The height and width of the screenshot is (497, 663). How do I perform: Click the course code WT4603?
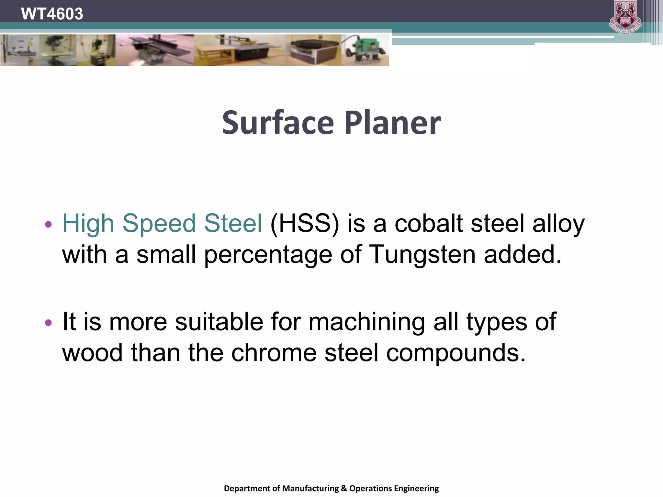coord(52,14)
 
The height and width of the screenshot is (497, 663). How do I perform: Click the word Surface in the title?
coord(278,123)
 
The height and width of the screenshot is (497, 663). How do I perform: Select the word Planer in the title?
coord(392,123)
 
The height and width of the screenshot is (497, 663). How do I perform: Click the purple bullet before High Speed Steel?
coord(48,224)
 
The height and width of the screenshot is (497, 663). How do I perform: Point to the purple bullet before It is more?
coord(48,322)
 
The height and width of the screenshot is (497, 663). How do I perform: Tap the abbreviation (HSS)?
coord(305,224)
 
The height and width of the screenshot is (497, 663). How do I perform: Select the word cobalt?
coord(429,224)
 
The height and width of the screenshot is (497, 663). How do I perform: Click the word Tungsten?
coord(422,255)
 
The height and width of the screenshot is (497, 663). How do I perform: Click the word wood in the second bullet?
coord(92,353)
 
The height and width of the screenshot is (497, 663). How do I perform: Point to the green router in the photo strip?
coord(366,50)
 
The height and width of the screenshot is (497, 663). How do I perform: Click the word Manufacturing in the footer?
coord(310,488)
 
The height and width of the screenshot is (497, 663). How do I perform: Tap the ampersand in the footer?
coord(344,488)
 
